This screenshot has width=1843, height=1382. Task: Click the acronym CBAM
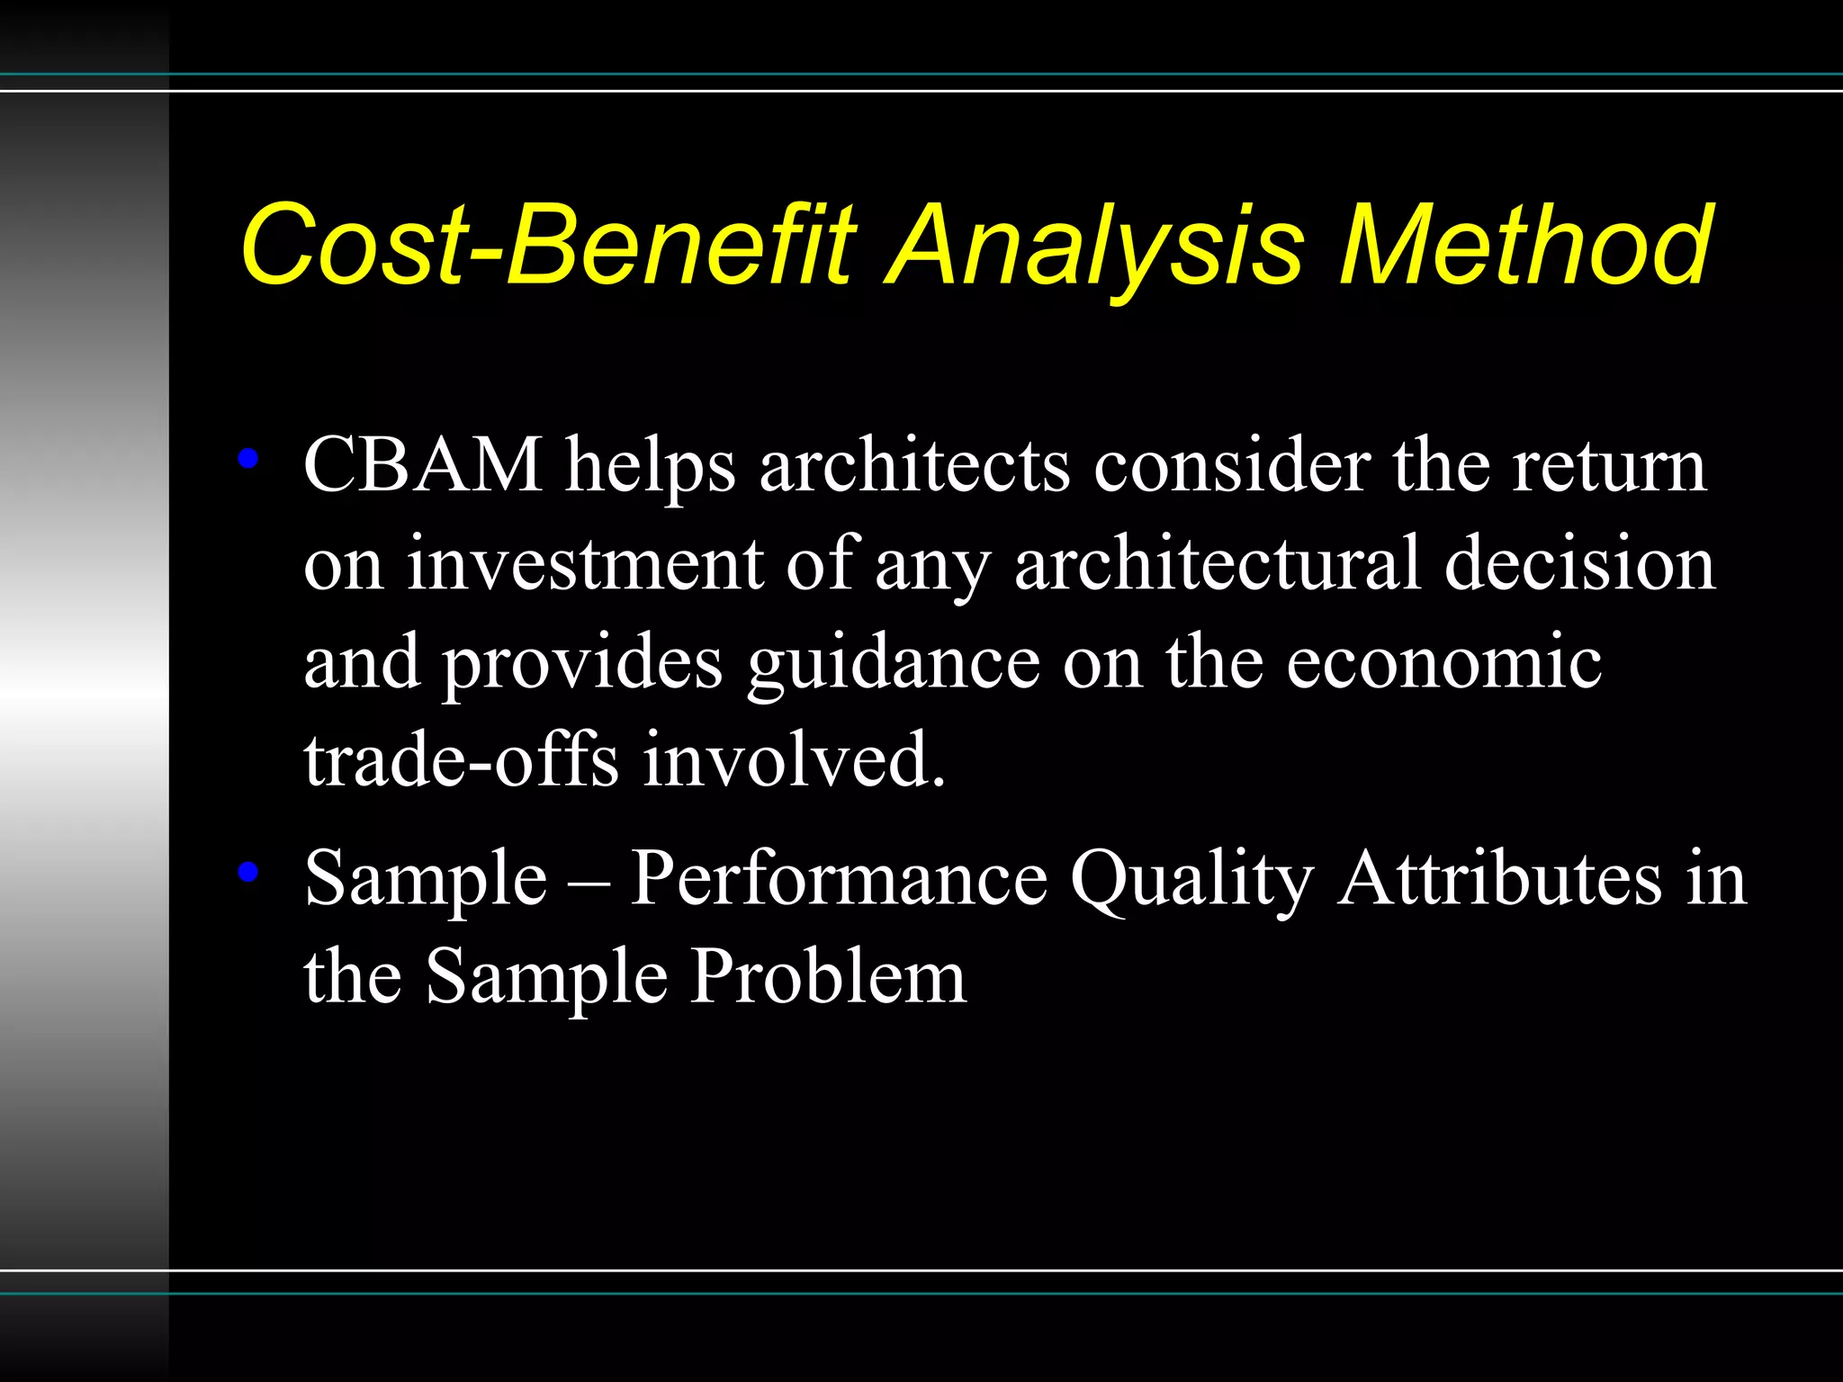(x=423, y=465)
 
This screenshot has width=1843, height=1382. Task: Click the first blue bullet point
(x=248, y=460)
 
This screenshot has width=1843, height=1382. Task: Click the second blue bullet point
(x=248, y=871)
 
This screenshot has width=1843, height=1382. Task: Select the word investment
(x=585, y=564)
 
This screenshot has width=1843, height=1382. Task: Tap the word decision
(x=1579, y=564)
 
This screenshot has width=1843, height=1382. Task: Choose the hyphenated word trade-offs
(x=461, y=760)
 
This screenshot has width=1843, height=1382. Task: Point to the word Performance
(x=838, y=878)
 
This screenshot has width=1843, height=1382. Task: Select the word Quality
(x=1191, y=878)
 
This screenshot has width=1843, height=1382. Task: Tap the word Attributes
(x=1500, y=878)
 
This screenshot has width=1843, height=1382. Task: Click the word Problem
(x=828, y=977)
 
